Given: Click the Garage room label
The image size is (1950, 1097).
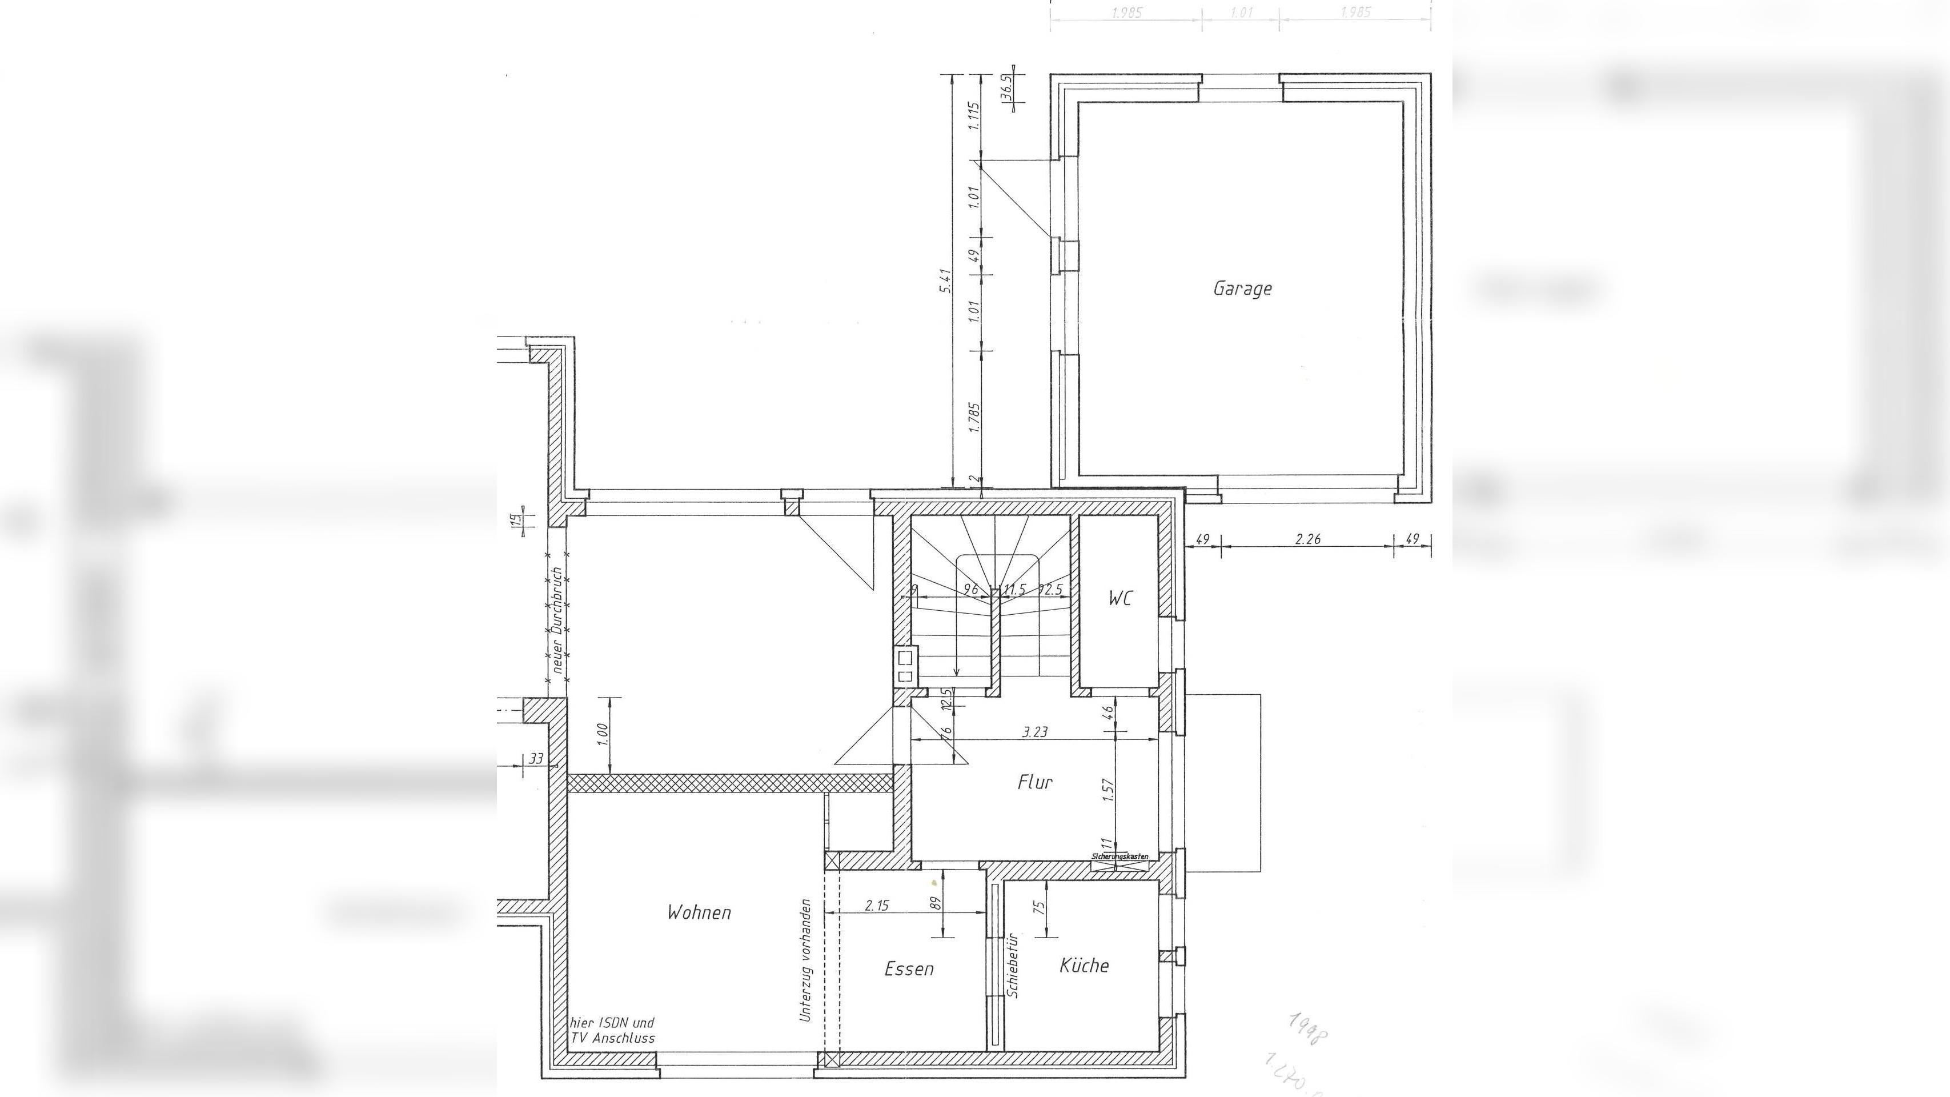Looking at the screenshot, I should coord(1242,289).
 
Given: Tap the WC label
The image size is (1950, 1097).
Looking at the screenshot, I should coord(1120,598).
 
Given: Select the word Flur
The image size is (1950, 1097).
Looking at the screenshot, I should coord(1035,782).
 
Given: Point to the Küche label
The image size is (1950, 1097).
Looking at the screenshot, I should coord(1084,965).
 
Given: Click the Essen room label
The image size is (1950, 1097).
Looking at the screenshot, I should coord(909,969).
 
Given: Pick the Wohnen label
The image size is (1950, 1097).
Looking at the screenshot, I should coord(699,912).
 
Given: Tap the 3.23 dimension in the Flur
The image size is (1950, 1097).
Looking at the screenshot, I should coord(1035,732).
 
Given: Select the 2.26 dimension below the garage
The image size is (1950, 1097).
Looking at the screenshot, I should coord(1307,539).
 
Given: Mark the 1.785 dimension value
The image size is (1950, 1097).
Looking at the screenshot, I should coord(974,418).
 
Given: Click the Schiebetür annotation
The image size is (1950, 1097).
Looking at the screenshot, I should coord(1013,965).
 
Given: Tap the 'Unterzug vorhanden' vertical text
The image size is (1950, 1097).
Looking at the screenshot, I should coord(805,960).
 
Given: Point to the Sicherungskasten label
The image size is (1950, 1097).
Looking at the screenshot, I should coord(1120,856).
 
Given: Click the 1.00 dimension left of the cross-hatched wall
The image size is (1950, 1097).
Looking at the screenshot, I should coord(603,734).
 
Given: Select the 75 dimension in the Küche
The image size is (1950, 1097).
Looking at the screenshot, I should coord(1040,907).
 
